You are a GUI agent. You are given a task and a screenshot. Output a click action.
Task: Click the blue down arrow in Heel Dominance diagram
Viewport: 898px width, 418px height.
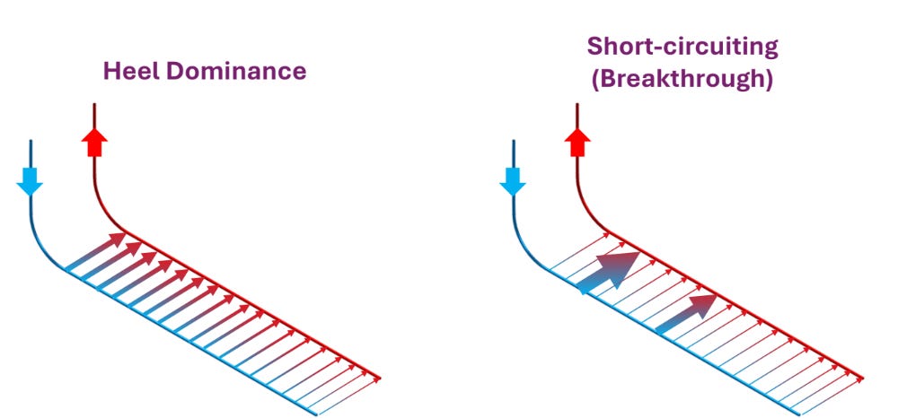click(30, 181)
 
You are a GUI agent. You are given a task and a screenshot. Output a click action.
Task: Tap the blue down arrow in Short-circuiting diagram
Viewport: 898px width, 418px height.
click(512, 181)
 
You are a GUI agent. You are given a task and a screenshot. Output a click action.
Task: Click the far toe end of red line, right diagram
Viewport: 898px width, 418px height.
click(863, 378)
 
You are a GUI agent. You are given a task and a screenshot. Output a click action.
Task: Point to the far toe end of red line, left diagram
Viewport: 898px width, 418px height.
click(380, 378)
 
